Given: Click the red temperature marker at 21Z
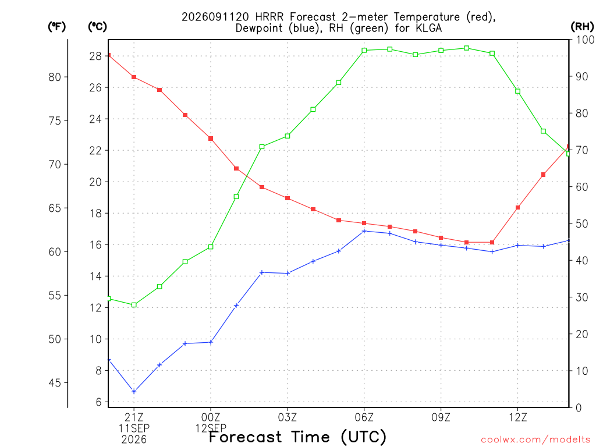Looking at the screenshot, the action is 134,77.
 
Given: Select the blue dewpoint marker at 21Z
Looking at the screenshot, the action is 134,392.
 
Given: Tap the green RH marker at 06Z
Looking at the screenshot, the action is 364,50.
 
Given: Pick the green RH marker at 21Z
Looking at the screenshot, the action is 134,305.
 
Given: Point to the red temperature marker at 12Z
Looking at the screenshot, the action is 517,208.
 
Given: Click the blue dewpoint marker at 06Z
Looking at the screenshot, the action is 364,231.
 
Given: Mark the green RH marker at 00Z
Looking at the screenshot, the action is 211,247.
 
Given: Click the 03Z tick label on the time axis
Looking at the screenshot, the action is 288,418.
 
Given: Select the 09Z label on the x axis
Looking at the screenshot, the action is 441,418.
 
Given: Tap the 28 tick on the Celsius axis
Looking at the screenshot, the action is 95,56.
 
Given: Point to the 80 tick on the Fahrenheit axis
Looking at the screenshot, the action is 55,77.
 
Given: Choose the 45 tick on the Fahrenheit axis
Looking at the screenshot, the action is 55,383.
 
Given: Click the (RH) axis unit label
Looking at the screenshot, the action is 582,26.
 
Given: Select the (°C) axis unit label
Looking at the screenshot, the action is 97,27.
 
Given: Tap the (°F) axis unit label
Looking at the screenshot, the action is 56,27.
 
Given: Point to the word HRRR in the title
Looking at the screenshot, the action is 269,17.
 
